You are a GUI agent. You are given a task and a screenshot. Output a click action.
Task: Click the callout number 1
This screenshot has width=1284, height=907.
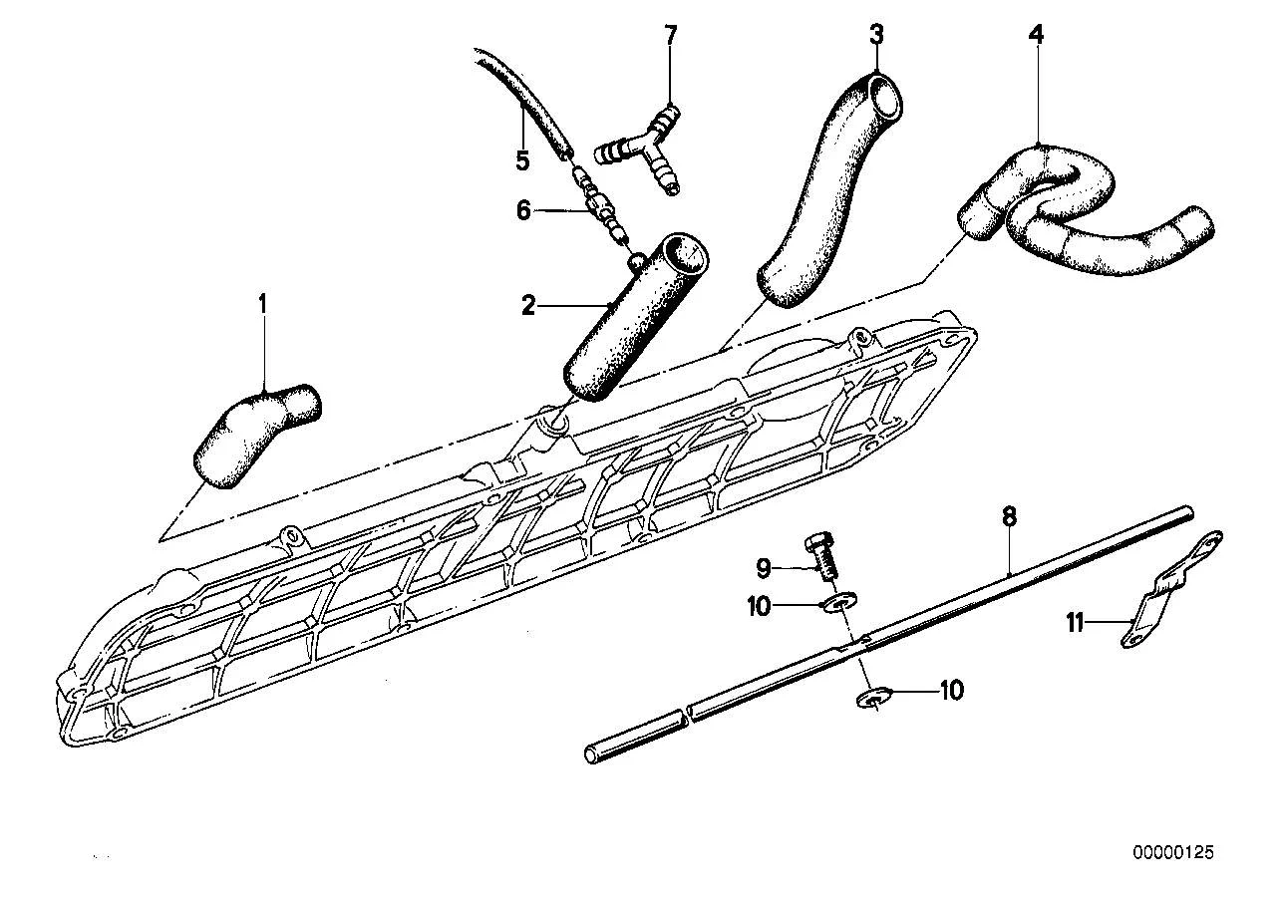point(263,304)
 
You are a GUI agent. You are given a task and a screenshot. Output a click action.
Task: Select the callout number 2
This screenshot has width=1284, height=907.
point(528,305)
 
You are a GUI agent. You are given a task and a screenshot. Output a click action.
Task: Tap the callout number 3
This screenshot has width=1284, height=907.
point(876,34)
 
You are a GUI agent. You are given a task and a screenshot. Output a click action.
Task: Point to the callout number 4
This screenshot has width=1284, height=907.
point(1036,34)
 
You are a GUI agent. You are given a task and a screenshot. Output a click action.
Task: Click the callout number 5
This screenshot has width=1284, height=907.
point(522,160)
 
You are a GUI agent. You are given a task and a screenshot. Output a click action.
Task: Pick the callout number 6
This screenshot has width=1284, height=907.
point(523,211)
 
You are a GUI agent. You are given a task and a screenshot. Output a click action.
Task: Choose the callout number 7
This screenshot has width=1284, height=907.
point(670,35)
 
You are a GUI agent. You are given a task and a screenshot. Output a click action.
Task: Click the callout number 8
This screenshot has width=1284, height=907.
point(1009,516)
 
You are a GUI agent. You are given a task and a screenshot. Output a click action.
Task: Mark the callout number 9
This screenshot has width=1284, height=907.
point(763,568)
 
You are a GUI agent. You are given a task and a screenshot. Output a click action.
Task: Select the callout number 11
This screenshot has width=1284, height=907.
point(1075,622)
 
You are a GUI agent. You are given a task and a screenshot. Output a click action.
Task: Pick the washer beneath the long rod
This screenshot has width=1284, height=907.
point(873,699)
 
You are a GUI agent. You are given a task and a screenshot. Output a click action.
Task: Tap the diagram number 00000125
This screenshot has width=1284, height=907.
point(1172,852)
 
